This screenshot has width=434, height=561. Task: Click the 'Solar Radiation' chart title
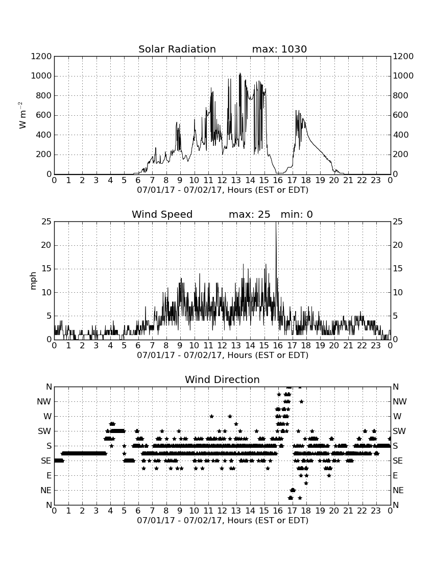[177, 49]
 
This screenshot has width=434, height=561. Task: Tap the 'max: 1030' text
[279, 49]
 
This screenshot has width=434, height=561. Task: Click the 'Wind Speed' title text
[162, 214]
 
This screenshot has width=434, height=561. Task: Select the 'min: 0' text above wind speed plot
[297, 214]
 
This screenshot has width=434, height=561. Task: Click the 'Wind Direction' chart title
[222, 379]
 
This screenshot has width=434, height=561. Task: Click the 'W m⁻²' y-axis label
[22, 115]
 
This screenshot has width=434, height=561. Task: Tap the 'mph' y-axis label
[33, 281]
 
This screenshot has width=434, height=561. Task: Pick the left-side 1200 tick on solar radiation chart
[41, 57]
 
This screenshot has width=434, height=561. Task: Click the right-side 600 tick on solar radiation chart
[400, 115]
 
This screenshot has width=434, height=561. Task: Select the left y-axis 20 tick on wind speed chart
[46, 245]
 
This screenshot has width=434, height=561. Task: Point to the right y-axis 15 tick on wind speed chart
[398, 269]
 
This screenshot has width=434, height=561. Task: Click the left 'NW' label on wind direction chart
[44, 402]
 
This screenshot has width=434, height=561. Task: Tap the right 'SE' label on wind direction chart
[398, 461]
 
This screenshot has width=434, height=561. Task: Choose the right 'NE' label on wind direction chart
[398, 491]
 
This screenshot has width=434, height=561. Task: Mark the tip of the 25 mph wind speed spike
[276, 222]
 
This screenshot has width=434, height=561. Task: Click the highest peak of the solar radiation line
[240, 73]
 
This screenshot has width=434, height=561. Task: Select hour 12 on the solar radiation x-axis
[222, 181]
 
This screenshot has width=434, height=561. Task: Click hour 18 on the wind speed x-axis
[306, 346]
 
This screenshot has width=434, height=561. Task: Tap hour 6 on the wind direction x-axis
[138, 511]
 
